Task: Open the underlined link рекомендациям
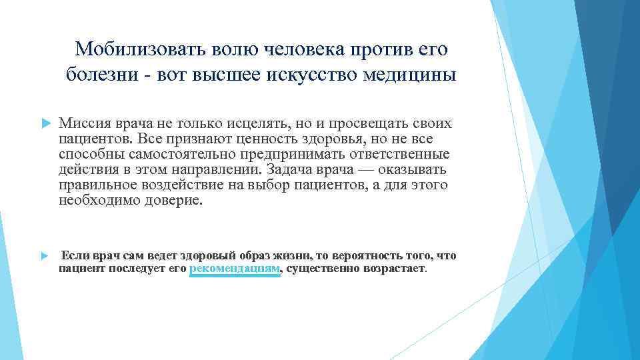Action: click(x=235, y=269)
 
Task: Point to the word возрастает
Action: click(x=393, y=269)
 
